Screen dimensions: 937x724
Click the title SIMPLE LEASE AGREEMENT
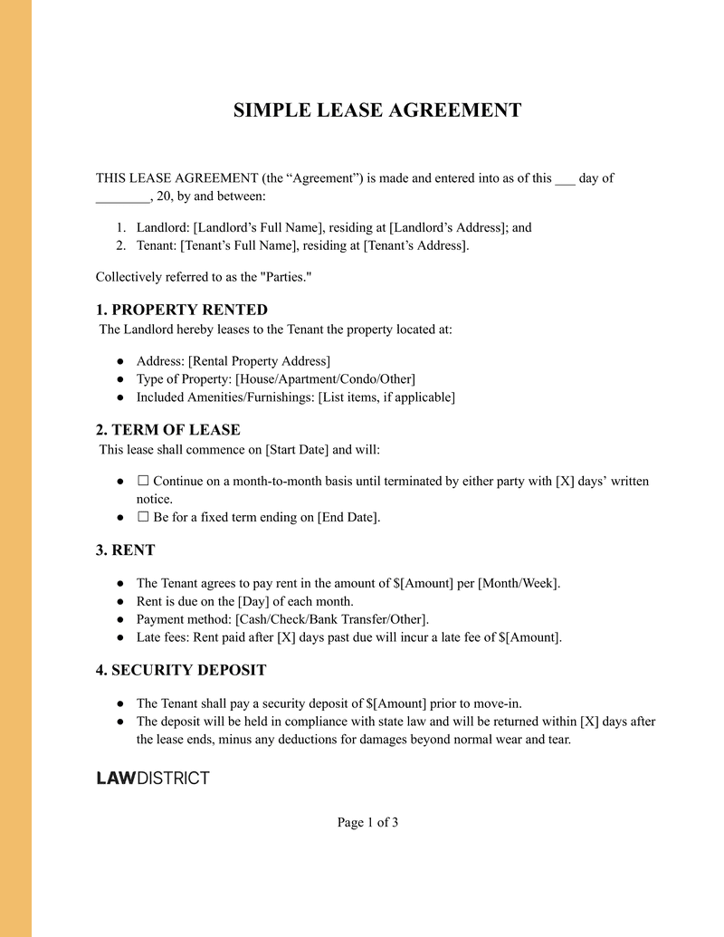click(x=377, y=110)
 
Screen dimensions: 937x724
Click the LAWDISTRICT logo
click(x=153, y=779)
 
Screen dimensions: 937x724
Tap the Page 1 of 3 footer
click(x=367, y=822)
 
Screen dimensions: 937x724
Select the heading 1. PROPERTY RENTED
click(x=182, y=310)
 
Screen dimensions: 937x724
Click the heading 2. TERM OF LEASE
click(x=168, y=429)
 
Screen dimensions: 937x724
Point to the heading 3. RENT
click(x=126, y=550)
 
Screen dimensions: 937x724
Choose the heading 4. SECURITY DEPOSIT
click(x=181, y=670)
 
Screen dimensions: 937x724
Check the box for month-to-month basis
click(x=143, y=482)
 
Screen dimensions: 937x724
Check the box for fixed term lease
click(x=143, y=518)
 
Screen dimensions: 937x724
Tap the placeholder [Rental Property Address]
click(x=259, y=361)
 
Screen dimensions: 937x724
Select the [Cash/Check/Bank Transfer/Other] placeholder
click(x=331, y=619)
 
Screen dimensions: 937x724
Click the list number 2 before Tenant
click(x=120, y=245)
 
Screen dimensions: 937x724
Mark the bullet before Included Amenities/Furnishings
click(x=120, y=397)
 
